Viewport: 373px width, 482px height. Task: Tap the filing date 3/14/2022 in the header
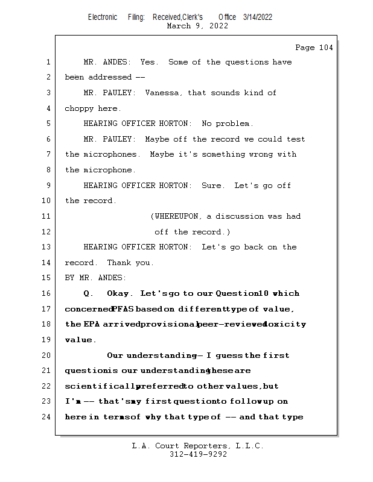click(x=258, y=17)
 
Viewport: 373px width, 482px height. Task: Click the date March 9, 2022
click(x=197, y=26)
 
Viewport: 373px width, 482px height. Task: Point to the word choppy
click(x=79, y=108)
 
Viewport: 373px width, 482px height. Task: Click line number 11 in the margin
click(x=47, y=216)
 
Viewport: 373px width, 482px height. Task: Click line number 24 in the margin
click(x=47, y=417)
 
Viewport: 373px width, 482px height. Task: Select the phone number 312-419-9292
click(x=198, y=454)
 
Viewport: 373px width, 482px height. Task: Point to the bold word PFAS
click(x=123, y=309)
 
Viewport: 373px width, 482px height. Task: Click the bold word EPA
click(x=92, y=324)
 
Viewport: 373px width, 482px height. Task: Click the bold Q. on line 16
click(x=89, y=293)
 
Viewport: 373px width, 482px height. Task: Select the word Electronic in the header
click(x=103, y=17)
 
